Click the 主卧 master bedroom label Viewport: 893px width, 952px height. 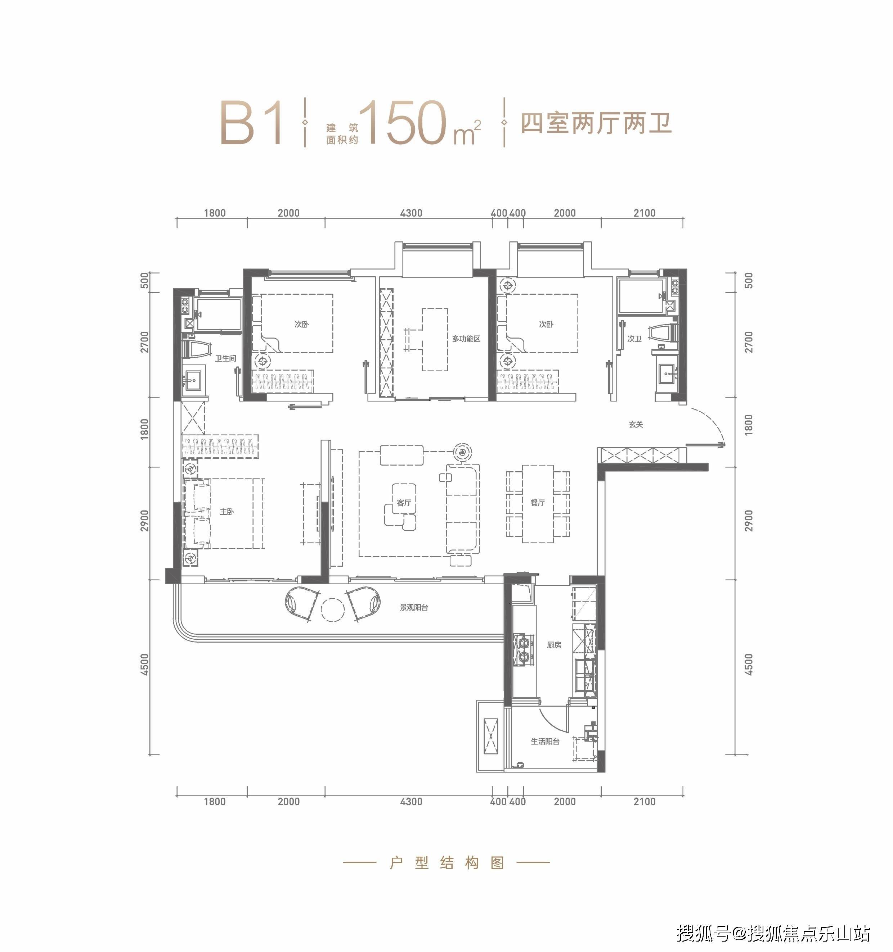coord(227,511)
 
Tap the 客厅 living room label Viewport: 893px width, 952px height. coord(404,502)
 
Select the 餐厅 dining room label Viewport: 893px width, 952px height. coord(537,502)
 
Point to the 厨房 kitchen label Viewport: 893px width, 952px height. coord(554,645)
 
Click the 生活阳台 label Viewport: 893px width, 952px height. coord(545,741)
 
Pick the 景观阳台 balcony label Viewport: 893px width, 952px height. coord(414,607)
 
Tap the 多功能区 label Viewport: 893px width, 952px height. coord(466,339)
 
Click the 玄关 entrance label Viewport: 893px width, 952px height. coord(636,424)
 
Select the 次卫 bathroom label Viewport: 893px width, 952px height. coord(634,339)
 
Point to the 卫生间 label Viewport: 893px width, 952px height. coord(225,358)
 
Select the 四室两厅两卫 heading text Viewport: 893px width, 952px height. coord(596,123)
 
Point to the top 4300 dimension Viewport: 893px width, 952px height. coord(411,213)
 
